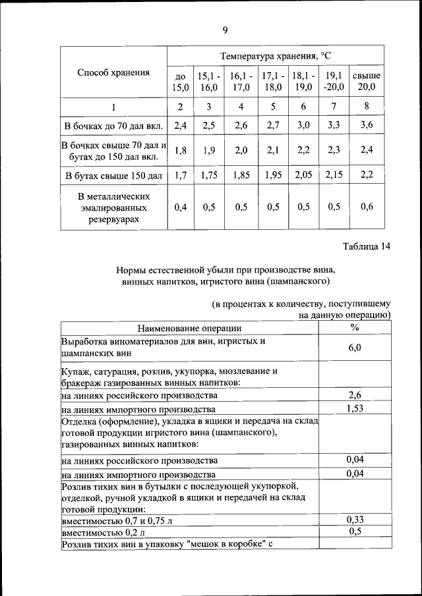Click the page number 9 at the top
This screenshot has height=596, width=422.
tap(224, 30)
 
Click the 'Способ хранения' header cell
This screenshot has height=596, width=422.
tap(113, 72)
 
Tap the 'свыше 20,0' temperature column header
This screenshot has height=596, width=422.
tap(366, 81)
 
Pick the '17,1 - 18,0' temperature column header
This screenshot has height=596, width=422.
tap(273, 81)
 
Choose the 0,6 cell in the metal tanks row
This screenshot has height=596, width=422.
tap(366, 207)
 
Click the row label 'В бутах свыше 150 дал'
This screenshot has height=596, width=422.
tap(113, 176)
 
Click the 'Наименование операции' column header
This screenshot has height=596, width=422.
tap(189, 328)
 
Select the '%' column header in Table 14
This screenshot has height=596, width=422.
tap(354, 327)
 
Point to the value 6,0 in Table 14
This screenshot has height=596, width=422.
tap(354, 348)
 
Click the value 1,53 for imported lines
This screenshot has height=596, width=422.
tap(354, 409)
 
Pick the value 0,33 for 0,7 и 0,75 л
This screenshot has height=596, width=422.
tap(354, 520)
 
